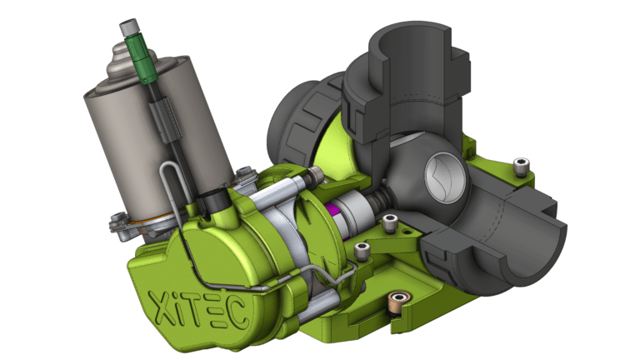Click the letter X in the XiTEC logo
160,306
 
